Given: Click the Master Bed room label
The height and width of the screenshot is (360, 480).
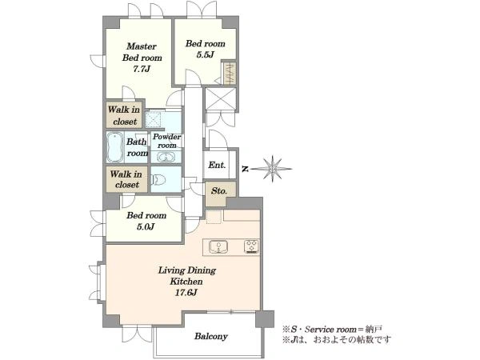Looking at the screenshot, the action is (x=142, y=52).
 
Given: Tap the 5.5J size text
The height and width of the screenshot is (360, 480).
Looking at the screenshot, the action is (x=205, y=54).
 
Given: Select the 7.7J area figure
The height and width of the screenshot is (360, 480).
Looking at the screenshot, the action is (x=142, y=69).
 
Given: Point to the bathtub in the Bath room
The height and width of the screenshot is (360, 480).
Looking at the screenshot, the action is (x=115, y=147).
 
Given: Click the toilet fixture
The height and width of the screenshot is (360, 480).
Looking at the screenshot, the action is (x=158, y=179).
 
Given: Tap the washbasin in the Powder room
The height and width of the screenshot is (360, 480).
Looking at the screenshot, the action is (x=166, y=158).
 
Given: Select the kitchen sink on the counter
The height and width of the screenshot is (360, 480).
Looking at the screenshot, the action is (x=218, y=246).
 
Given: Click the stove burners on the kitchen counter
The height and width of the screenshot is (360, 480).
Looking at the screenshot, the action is (x=251, y=246).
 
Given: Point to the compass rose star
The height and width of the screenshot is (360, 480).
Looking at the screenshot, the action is (x=272, y=169).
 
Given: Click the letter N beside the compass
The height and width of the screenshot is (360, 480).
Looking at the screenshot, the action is (x=245, y=169).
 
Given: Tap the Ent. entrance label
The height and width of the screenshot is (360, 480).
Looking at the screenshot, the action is (x=217, y=166).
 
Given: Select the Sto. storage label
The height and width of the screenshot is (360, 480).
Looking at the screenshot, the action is (x=219, y=191).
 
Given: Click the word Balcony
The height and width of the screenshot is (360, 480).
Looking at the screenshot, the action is (x=211, y=337).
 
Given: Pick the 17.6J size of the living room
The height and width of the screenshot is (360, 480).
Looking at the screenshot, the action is (x=186, y=293).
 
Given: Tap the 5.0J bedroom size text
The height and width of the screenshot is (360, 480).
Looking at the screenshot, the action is (x=146, y=226).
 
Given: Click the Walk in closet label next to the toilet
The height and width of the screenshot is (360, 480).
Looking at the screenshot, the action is (x=126, y=179).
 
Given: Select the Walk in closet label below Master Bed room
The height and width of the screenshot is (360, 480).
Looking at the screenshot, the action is (x=124, y=115).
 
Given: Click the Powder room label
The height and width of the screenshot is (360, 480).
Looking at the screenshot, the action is (x=167, y=141).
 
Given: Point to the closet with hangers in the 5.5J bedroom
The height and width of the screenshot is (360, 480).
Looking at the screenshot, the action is (x=230, y=73).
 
